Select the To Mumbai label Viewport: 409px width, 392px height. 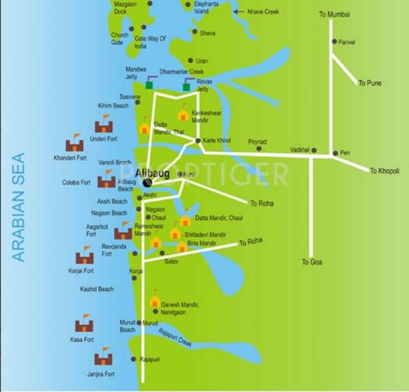333,14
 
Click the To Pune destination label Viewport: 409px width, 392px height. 370,83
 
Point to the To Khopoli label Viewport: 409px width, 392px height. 384,170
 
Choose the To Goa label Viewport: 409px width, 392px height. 312,262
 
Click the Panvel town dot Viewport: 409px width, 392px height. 334,42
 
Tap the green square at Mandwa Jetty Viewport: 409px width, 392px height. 149,86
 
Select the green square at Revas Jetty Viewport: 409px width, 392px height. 186,87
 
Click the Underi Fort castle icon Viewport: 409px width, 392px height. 104,125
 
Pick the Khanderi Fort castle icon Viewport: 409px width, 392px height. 74,144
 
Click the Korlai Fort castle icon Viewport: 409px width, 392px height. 85,258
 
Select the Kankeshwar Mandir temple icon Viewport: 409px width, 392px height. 183,115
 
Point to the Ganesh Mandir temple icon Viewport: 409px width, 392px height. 155,301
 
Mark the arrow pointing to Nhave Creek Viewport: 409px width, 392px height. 237,12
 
